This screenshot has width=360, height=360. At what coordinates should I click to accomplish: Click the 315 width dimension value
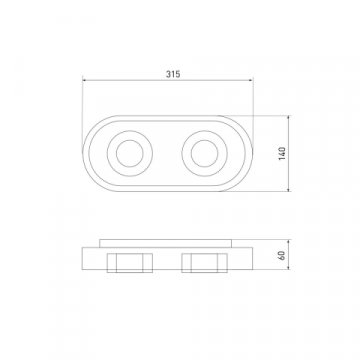(x=173, y=74)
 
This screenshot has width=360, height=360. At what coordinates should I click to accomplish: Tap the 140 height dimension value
(x=282, y=153)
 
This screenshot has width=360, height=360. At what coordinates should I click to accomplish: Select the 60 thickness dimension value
(x=282, y=256)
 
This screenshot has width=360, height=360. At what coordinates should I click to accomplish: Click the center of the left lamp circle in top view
(x=130, y=153)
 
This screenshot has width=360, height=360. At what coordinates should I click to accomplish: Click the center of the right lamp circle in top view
(x=205, y=153)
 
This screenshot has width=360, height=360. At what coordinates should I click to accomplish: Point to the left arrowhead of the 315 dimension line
(x=85, y=80)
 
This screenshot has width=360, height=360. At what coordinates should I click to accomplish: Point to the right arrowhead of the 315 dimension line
(x=251, y=80)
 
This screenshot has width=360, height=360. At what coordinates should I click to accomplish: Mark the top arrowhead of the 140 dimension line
(x=289, y=118)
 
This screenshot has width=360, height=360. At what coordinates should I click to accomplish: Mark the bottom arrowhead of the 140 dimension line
(x=289, y=189)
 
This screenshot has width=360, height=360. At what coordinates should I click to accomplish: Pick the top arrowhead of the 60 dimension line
(x=289, y=242)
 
